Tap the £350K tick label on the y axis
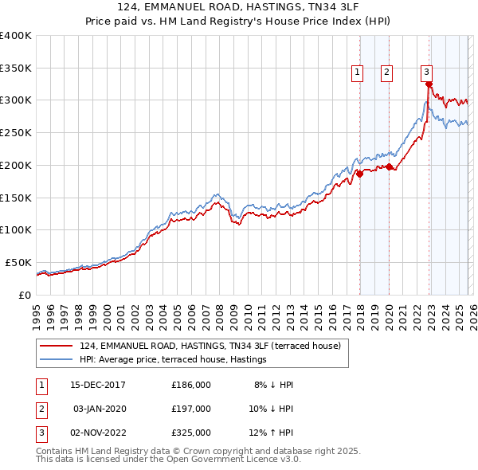tap(16, 68)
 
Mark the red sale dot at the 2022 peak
tap(429, 84)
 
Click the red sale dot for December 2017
tap(359, 174)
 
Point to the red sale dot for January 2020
tap(389, 166)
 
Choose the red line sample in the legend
tap(56, 346)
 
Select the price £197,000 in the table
tap(191, 409)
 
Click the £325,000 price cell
tap(191, 433)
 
